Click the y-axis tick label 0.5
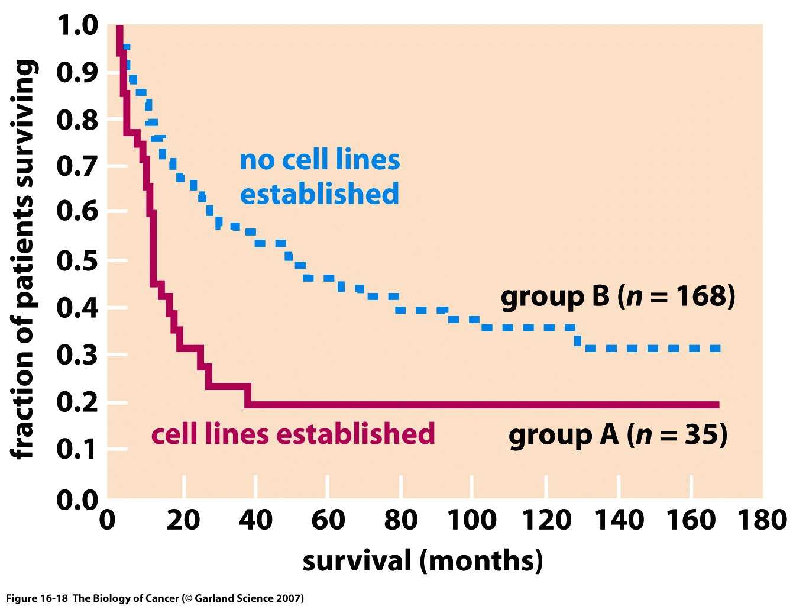[77, 260]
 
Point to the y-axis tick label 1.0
[77, 25]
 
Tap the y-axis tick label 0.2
[77, 402]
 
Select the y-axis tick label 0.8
[77, 120]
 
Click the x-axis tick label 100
[471, 520]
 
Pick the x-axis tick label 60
[328, 520]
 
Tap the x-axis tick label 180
[762, 520]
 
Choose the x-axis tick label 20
[183, 520]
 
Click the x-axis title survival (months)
[422, 560]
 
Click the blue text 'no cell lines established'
[319, 177]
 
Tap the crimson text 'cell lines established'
[293, 434]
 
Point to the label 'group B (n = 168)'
[618, 296]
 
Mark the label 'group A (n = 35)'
[617, 436]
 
